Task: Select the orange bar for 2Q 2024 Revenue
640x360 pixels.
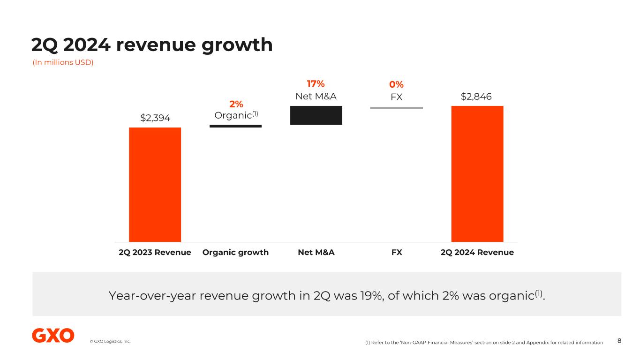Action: (x=477, y=173)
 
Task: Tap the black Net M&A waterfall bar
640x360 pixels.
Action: (x=316, y=115)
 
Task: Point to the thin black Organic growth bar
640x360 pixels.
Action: (x=235, y=126)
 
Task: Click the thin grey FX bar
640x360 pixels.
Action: (x=396, y=108)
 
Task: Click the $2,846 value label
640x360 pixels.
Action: (x=476, y=97)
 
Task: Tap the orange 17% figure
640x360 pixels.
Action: (x=316, y=84)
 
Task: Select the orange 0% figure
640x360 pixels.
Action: (x=396, y=85)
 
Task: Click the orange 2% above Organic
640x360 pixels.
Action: (x=236, y=104)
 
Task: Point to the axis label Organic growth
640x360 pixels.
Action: (x=235, y=252)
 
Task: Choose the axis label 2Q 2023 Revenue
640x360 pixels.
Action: (x=155, y=252)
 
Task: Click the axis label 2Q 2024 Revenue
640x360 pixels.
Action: (x=477, y=252)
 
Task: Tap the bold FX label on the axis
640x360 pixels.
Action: (x=397, y=252)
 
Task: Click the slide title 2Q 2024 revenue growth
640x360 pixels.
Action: (x=152, y=45)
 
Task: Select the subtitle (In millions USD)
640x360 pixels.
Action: (x=63, y=62)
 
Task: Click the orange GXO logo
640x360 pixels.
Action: (x=53, y=336)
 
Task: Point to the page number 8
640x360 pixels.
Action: (x=619, y=341)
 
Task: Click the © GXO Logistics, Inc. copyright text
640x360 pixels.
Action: (x=110, y=341)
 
